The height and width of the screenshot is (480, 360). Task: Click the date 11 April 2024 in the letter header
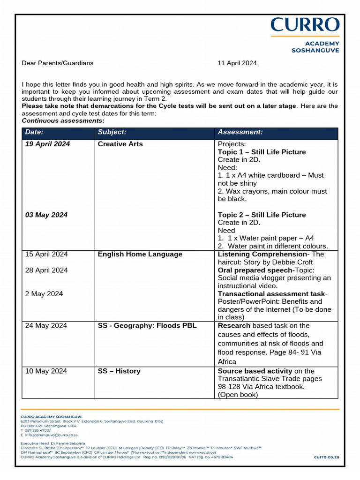tap(238, 63)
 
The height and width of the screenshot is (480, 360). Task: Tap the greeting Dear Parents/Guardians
tap(58, 63)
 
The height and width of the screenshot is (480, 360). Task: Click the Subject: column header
tap(112, 132)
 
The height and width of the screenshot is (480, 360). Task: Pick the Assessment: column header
tap(240, 132)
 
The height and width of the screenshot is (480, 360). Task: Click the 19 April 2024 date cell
tap(47, 144)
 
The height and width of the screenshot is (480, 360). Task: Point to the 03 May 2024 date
tap(46, 215)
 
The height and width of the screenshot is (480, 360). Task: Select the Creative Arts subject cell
tap(120, 144)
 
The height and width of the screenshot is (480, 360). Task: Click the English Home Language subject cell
tap(140, 254)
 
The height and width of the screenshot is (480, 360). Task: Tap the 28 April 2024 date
tap(46, 270)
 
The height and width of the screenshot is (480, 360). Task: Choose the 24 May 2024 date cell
tap(46, 325)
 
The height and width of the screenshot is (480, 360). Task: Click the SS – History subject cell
tap(119, 371)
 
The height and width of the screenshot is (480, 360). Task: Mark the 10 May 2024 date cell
tap(46, 371)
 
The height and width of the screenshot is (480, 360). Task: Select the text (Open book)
tap(238, 395)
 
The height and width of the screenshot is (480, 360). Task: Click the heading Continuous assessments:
tap(63, 120)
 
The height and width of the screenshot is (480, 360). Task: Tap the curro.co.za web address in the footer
tap(326, 457)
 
